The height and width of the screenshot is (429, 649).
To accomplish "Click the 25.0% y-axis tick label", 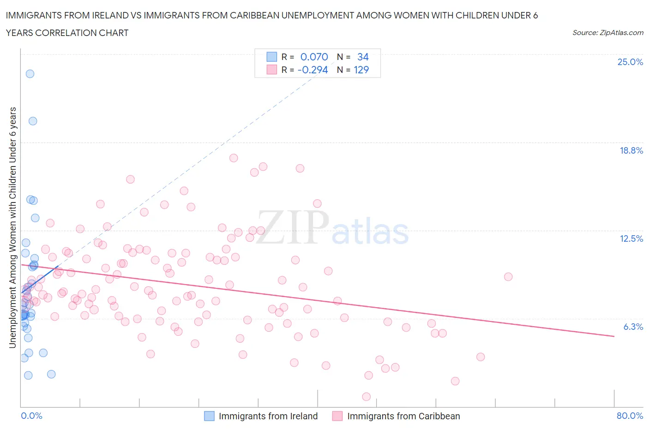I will (x=630, y=62).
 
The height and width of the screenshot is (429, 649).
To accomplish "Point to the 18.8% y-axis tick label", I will (x=631, y=150).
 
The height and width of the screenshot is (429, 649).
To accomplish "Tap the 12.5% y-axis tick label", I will (x=631, y=238).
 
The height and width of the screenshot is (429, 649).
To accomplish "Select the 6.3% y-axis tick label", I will (x=633, y=327).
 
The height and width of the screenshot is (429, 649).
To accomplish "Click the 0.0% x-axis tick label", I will (x=31, y=416).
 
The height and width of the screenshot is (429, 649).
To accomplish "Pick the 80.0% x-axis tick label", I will (x=630, y=416).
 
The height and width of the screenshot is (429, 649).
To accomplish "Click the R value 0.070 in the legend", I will (x=314, y=57).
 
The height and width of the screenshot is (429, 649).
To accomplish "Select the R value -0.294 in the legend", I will (x=312, y=70).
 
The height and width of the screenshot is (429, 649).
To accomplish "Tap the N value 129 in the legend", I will (x=361, y=70).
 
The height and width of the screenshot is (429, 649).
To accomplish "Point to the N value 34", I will (x=363, y=57).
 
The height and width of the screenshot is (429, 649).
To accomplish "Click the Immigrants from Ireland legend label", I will (x=268, y=416).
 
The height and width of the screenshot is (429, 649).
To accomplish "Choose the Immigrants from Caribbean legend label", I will (x=403, y=416).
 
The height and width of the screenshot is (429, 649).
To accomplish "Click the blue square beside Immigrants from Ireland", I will (x=210, y=416).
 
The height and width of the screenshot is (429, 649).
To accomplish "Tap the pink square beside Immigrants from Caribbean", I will (x=337, y=416).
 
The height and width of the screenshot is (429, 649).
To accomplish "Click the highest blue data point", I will (x=30, y=74).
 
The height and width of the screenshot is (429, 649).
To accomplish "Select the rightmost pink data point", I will (x=508, y=277).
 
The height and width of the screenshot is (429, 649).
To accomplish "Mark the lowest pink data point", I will (x=367, y=397).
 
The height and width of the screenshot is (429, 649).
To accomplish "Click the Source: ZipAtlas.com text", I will (x=607, y=32).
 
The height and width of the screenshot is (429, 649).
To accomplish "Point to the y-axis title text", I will (x=12, y=227).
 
